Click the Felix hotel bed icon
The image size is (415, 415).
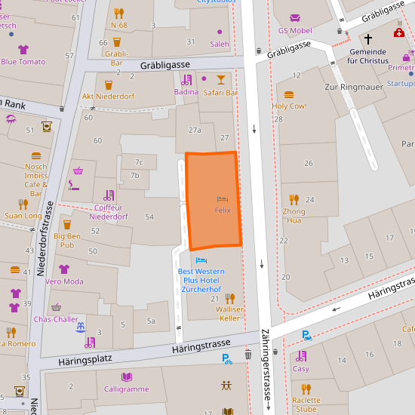[x=222, y=198]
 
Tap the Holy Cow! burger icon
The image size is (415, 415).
[x=289, y=95]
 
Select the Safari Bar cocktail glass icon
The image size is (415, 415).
[x=220, y=79]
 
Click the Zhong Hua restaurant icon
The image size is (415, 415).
[x=294, y=199]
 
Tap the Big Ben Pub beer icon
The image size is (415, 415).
[x=66, y=224]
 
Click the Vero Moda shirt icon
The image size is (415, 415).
[x=64, y=269]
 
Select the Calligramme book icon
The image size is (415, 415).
[x=126, y=377]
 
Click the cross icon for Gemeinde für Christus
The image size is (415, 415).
[x=368, y=38]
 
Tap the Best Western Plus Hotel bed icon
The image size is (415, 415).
[x=201, y=260]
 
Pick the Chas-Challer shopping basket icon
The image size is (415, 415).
[x=56, y=307]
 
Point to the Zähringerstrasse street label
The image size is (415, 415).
[x=266, y=370]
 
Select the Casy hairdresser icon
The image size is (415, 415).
[x=301, y=356]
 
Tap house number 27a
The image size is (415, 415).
[x=195, y=130]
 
